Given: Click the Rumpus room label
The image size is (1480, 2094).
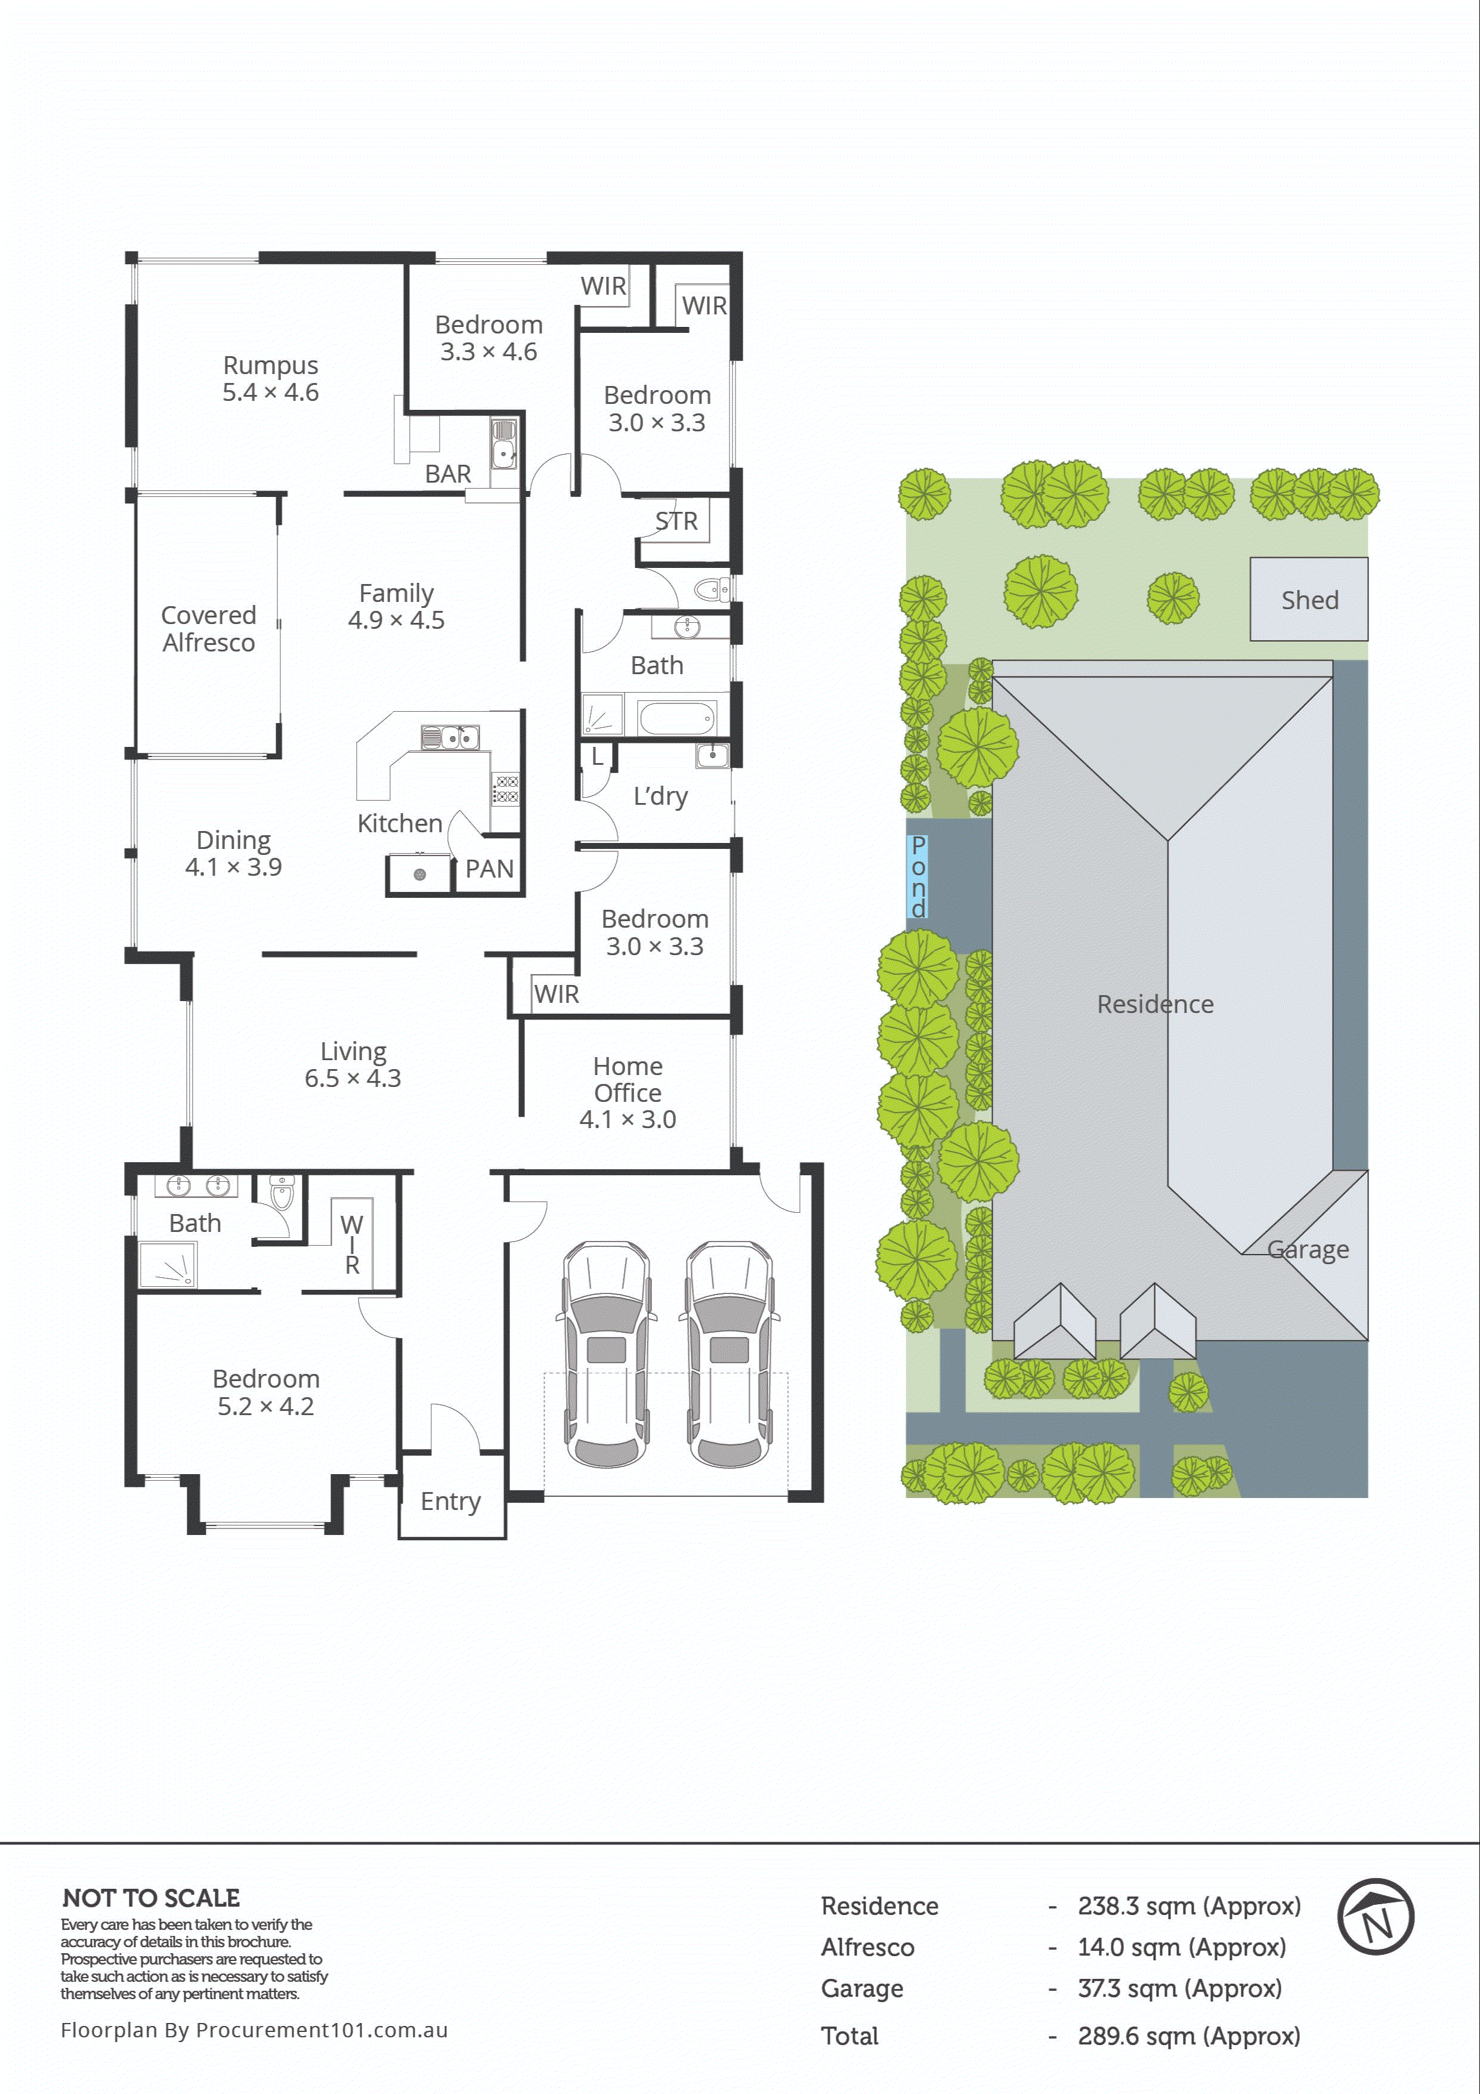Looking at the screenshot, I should click(271, 366).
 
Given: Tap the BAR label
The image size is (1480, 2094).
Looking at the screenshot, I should click(448, 474).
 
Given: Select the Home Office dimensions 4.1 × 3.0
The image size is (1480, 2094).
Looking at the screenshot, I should click(628, 1120).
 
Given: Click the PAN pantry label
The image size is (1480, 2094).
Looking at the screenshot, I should click(490, 869).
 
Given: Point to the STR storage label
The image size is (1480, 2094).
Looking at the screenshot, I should click(676, 521).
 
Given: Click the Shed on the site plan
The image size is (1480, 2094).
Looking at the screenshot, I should click(1309, 600).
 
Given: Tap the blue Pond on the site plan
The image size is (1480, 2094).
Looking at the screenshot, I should click(918, 876).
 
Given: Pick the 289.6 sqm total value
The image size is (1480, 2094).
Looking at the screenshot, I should click(1188, 2037).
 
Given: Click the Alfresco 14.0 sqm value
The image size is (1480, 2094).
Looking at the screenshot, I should click(1181, 1948).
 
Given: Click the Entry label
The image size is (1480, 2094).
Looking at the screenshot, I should click(450, 1501).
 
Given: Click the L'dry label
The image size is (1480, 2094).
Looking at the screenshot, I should click(660, 796).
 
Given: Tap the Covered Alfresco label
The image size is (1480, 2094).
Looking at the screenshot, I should click(209, 628).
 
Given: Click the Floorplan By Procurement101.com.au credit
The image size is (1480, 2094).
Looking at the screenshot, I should click(254, 2030).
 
